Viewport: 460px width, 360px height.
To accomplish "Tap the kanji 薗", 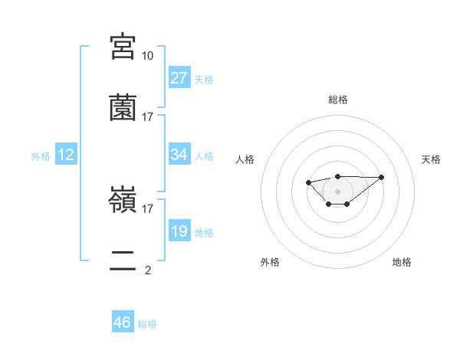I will click(123, 107).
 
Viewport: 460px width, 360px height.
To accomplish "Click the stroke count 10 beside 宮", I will click(147, 56).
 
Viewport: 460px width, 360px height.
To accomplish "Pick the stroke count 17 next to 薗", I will click(147, 117).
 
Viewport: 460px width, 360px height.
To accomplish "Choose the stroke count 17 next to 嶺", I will click(147, 208).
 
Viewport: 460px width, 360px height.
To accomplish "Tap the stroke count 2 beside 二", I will click(147, 270).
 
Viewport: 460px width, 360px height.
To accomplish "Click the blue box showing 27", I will click(179, 78).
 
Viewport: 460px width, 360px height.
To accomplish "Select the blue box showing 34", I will click(179, 155).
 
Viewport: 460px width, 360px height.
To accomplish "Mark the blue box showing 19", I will click(179, 231).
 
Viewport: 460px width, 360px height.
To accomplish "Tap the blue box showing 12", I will click(66, 155).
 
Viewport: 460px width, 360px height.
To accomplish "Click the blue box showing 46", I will click(123, 322).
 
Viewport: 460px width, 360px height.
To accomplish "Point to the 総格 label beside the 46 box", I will click(147, 324).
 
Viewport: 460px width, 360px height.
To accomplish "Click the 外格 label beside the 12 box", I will click(41, 156).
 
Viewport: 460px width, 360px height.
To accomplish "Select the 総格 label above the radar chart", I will click(337, 100).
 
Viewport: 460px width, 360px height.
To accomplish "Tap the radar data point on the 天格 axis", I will click(382, 177).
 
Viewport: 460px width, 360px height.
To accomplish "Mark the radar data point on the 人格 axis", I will click(308, 182).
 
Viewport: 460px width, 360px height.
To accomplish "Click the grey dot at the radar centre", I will click(337, 191).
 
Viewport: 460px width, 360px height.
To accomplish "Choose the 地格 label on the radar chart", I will click(402, 262).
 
